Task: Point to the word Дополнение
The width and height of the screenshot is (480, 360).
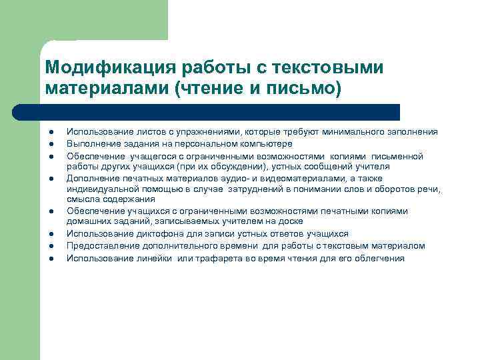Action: click(x=92, y=178)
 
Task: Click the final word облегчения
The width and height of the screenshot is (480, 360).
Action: click(x=380, y=258)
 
